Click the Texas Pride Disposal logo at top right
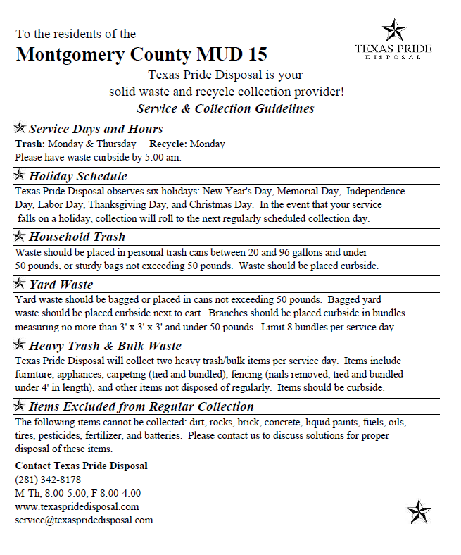tap(393, 40)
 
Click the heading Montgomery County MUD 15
tap(141, 55)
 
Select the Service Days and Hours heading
tap(96, 129)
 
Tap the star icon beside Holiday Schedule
tap(20, 175)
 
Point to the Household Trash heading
tap(77, 237)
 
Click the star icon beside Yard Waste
tap(20, 284)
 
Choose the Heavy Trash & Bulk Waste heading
tap(105, 346)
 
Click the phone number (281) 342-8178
tap(48, 480)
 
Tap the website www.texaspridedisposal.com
tap(77, 506)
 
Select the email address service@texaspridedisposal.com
tap(84, 520)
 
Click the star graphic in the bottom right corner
tap(419, 511)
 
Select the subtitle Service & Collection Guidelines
tap(225, 108)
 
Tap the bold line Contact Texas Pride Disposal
tap(81, 466)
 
